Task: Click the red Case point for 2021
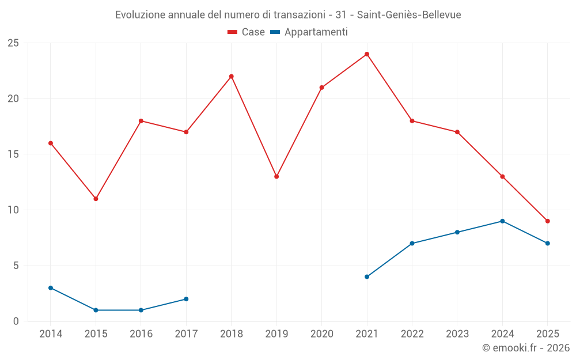tap(367, 54)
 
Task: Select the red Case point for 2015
tap(96, 199)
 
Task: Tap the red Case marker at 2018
tap(231, 77)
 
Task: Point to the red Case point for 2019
tap(276, 177)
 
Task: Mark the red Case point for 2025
tap(548, 221)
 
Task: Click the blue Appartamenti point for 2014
tap(51, 288)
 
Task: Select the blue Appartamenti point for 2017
tap(186, 299)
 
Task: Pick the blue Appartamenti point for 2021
tap(367, 276)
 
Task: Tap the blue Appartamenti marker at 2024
tap(502, 221)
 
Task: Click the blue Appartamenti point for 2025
tap(548, 243)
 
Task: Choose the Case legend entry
tap(247, 32)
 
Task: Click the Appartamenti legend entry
tap(309, 32)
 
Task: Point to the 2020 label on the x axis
tap(321, 334)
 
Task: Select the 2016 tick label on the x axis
tap(141, 334)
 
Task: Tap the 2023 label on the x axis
tap(457, 334)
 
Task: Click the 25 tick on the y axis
tap(13, 43)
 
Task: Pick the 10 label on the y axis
tap(13, 210)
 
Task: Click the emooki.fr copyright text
tap(526, 348)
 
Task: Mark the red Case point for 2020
tap(321, 88)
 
